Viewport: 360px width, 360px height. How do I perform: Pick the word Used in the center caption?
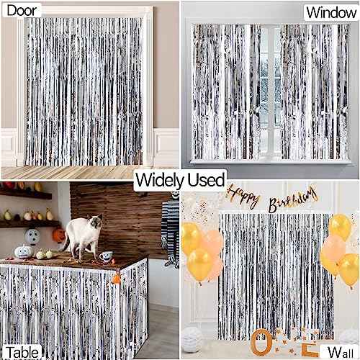(208, 179)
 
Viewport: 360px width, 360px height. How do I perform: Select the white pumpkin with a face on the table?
(23, 253)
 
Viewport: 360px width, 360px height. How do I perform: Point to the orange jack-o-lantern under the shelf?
(58, 235)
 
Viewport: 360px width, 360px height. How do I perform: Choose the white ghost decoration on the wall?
(32, 236)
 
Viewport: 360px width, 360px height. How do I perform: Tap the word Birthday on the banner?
(293, 197)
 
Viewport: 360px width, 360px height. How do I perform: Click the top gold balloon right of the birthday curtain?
(339, 227)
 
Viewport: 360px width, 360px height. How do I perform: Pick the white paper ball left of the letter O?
(194, 337)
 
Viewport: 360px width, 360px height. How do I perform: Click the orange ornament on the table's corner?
(116, 278)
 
